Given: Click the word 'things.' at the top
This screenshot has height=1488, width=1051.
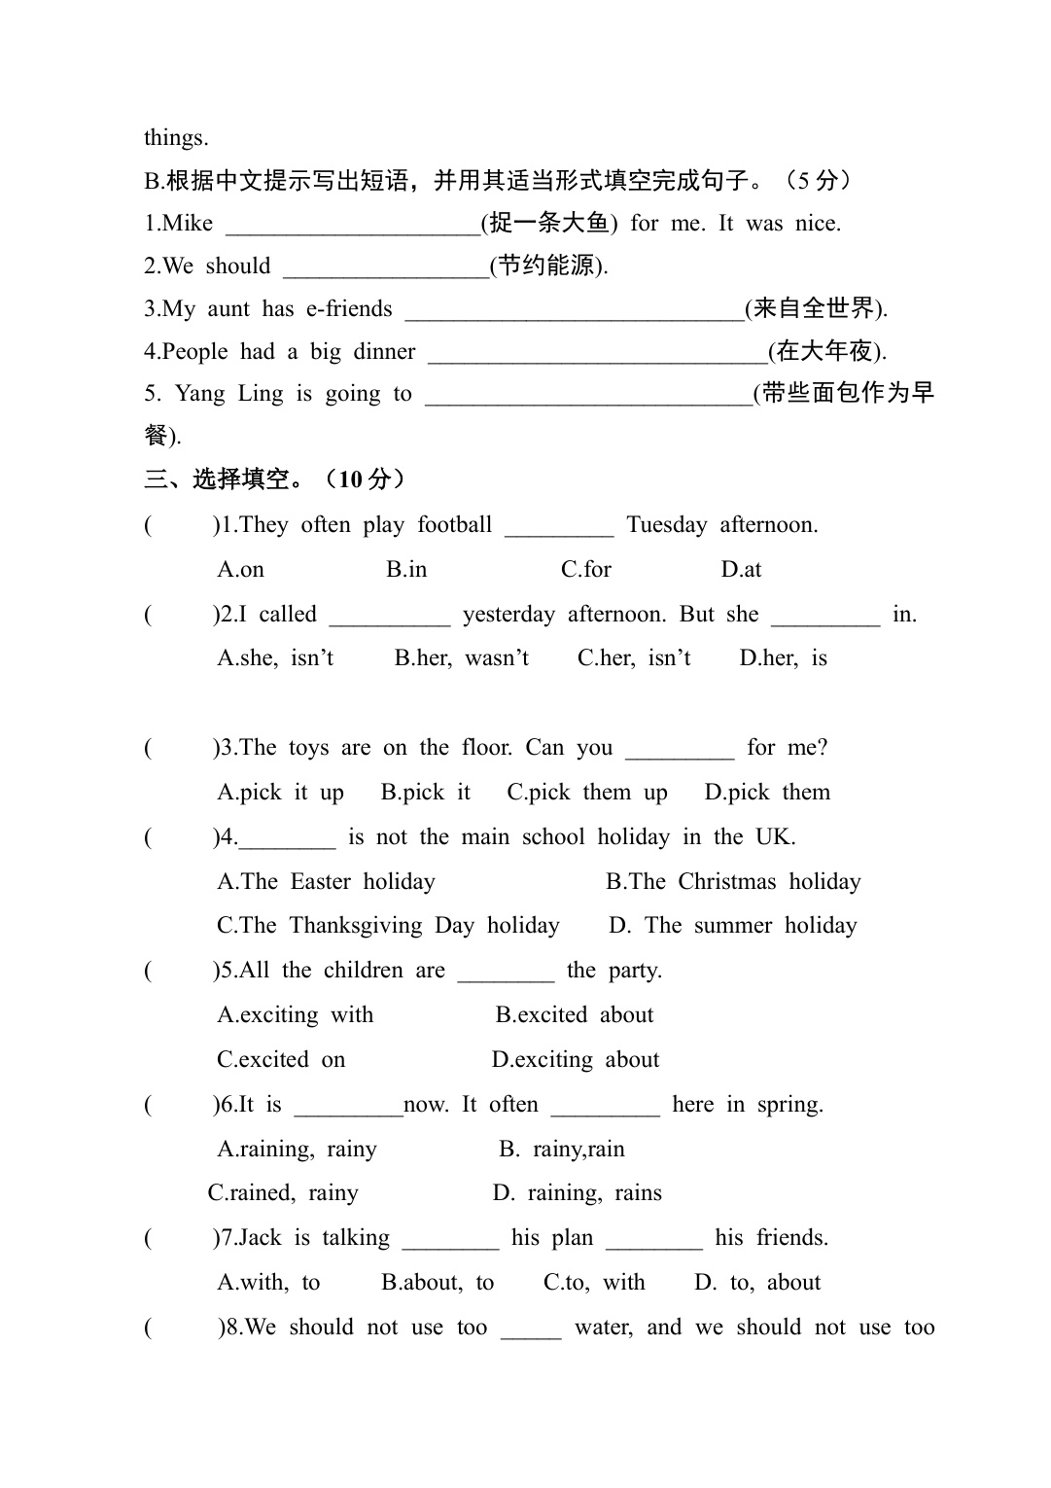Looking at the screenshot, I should coord(176,138).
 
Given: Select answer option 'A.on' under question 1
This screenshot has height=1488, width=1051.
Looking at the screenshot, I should coord(240,570).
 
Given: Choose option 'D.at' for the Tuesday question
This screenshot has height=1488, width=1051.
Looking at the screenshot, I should coord(741,570).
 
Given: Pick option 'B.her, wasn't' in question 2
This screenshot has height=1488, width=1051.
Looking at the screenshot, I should coord(461,658).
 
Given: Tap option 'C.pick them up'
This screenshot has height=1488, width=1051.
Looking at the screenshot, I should coord(586,793).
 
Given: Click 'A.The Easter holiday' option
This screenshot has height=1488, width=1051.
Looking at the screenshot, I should coord(326,882).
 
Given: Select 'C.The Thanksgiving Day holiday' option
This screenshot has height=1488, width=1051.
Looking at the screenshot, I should coord(388,926).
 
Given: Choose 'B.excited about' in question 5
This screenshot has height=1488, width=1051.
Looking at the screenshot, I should coord(574,1015).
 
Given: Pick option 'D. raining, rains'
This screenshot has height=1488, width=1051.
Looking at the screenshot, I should coord(577,1193).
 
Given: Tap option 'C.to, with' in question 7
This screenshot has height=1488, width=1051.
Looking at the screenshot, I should coord(593,1283).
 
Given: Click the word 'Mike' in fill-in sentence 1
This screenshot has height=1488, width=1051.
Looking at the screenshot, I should coord(188,224).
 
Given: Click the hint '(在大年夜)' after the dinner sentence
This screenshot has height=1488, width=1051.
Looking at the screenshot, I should coord(825,352).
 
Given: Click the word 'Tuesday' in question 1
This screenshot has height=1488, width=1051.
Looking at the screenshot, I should coord(667,525).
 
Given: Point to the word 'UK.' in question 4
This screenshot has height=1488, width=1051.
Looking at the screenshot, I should coord(775,837).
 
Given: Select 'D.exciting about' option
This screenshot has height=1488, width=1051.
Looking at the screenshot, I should coord(575,1060).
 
